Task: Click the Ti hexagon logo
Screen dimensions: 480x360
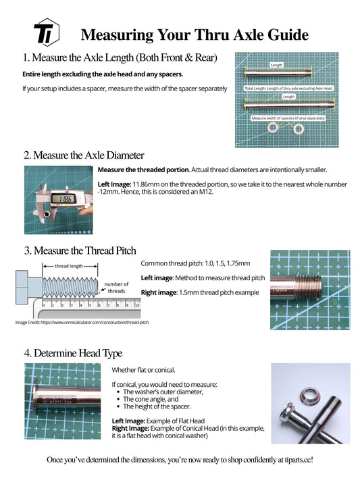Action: click(46, 34)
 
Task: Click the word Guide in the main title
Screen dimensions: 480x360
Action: click(282, 34)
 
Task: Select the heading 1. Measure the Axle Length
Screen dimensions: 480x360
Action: click(120, 59)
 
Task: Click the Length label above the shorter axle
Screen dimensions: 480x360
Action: click(289, 97)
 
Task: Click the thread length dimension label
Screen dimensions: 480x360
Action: click(69, 266)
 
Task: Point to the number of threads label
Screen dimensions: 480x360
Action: click(116, 288)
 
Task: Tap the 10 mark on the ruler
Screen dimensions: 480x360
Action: click(136, 305)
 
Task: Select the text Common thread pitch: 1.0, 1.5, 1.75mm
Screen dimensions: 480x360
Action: click(195, 263)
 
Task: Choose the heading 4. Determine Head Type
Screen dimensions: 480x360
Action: click(73, 352)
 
